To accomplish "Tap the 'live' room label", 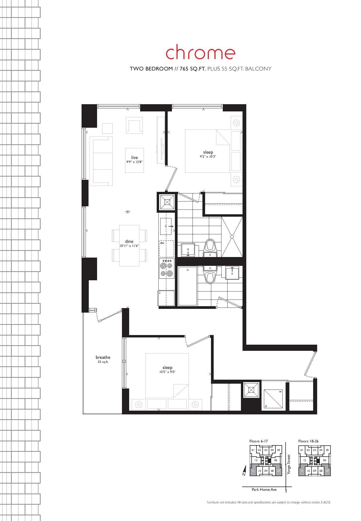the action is (135, 157).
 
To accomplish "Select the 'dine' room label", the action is (129, 242).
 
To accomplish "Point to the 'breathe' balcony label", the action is (103, 357).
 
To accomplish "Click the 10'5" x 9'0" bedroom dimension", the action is (167, 372).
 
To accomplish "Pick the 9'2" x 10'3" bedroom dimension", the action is (208, 157).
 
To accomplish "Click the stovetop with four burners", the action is (166, 269).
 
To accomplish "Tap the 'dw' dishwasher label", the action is (162, 243).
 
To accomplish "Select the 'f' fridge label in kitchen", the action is (160, 293).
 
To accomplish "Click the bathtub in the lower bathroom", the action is (187, 286).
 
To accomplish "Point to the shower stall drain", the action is (232, 236).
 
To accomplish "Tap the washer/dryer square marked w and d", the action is (273, 399).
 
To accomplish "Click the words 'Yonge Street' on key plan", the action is (289, 465).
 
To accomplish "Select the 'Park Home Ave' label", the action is (264, 489).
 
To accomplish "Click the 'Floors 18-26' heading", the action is (308, 441).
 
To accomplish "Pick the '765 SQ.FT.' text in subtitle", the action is (193, 69).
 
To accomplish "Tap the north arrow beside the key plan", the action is (244, 470).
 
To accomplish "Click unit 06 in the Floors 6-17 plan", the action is (275, 460).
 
